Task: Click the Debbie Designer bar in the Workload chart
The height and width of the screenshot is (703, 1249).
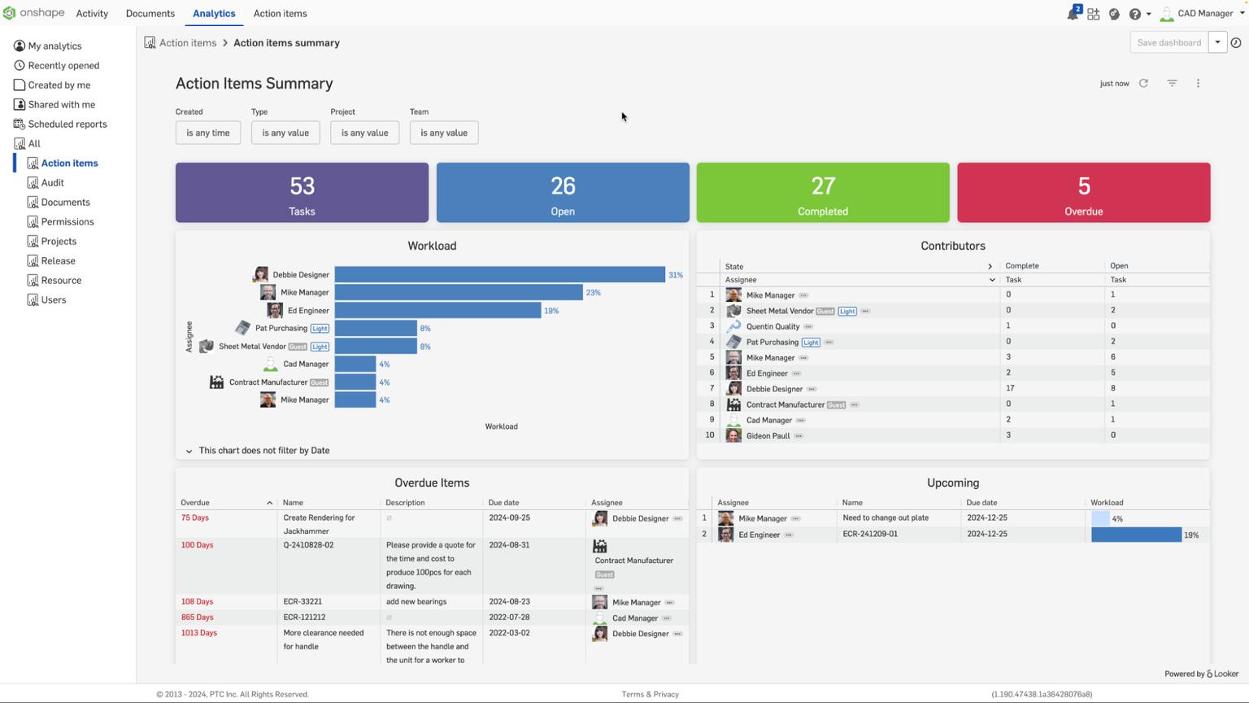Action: [x=499, y=275]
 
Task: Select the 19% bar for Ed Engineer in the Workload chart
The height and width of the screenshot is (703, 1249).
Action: [x=437, y=311]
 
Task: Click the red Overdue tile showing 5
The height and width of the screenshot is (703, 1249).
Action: [x=1083, y=193]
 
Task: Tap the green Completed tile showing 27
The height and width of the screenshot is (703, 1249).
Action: [x=822, y=193]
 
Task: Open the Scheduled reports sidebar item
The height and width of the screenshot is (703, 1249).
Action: [x=67, y=124]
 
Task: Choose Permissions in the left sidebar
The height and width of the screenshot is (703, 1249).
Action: [x=67, y=222]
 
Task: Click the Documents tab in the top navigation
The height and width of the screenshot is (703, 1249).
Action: [x=150, y=14]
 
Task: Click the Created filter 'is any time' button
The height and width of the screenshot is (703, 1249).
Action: [x=207, y=133]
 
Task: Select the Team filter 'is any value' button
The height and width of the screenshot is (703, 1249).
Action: [x=443, y=133]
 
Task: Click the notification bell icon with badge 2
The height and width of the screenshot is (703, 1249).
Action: [x=1073, y=14]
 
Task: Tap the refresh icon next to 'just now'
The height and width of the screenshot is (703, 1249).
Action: [x=1143, y=83]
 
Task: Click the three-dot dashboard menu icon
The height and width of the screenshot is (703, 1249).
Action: [x=1198, y=83]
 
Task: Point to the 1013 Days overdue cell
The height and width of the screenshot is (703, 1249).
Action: [x=199, y=633]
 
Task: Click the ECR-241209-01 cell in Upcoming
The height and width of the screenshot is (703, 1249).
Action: [x=870, y=535]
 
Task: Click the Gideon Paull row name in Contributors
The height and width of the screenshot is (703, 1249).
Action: [x=768, y=436]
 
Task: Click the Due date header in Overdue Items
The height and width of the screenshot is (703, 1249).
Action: [x=503, y=503]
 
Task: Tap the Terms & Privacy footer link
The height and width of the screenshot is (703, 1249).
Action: [x=650, y=694]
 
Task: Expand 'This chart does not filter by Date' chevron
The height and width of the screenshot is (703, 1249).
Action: [x=189, y=451]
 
